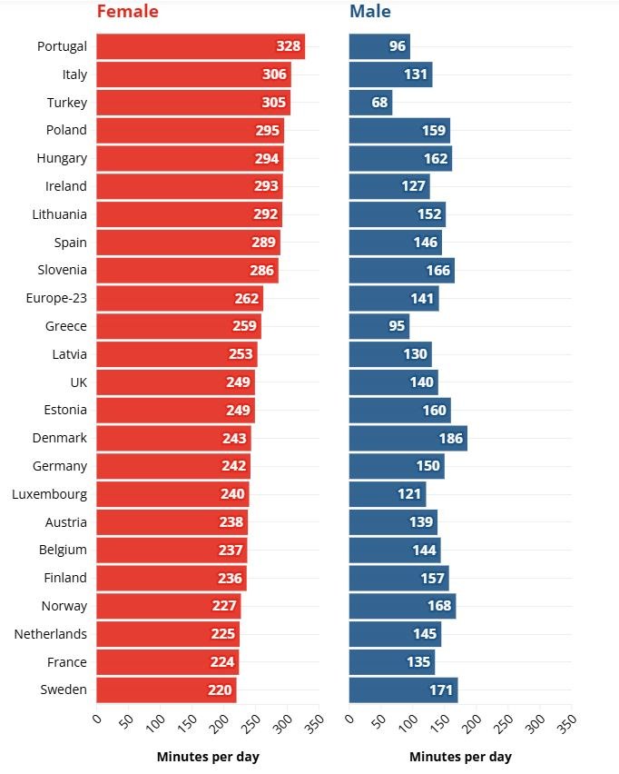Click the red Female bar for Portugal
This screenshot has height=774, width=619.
(x=200, y=46)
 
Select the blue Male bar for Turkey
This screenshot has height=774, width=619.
(x=370, y=103)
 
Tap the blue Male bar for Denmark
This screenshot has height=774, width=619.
(x=408, y=438)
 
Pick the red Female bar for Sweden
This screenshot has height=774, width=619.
(x=166, y=690)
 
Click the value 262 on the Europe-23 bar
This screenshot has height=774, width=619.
(x=246, y=298)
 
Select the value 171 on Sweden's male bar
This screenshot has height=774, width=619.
(x=440, y=690)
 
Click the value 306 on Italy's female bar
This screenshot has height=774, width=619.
(x=274, y=74)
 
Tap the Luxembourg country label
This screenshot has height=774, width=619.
(x=50, y=494)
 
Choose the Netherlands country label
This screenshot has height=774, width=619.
(x=51, y=634)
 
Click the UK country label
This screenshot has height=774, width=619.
(x=78, y=382)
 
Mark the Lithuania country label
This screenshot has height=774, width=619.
(x=57, y=214)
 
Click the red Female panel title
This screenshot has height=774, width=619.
(x=127, y=12)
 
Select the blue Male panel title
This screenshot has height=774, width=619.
(x=370, y=12)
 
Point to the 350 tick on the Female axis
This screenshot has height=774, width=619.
(x=313, y=724)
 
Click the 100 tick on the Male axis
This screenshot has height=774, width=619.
(x=408, y=724)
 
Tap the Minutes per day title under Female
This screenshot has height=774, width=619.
(x=208, y=757)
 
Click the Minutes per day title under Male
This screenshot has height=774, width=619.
(x=460, y=757)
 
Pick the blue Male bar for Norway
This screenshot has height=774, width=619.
(x=402, y=606)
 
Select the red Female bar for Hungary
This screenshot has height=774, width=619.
(x=189, y=158)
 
